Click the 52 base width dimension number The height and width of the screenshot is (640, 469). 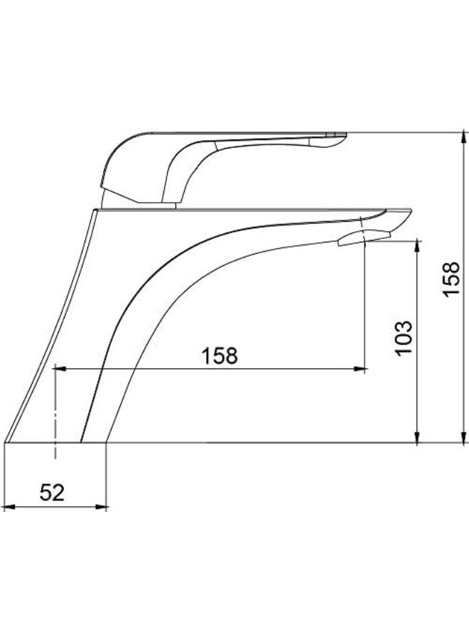click(52, 491)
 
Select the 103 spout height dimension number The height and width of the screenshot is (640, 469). click(403, 338)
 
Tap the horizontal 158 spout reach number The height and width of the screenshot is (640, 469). click(220, 356)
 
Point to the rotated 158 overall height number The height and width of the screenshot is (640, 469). click(452, 280)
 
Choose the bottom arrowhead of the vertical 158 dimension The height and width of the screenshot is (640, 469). click(463, 437)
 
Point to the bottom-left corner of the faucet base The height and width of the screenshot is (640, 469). click(6, 442)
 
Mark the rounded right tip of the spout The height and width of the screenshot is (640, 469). click(409, 213)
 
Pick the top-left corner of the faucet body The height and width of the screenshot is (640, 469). click(95, 210)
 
